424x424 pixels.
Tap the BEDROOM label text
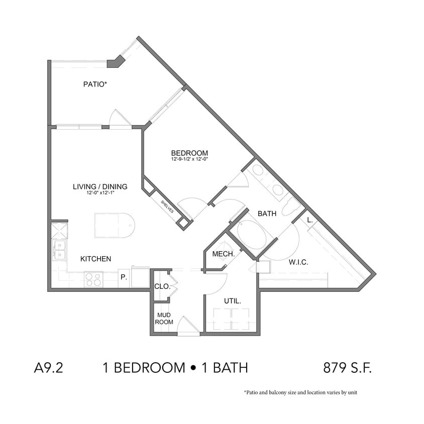pyautogui.click(x=189, y=153)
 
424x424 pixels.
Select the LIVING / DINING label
pyautogui.click(x=100, y=186)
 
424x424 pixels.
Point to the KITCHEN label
pyautogui.click(x=95, y=259)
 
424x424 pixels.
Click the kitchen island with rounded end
pyautogui.click(x=115, y=225)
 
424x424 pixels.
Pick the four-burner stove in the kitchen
pyautogui.click(x=93, y=279)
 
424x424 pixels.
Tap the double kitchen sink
pyautogui.click(x=59, y=250)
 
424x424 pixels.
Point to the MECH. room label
pyautogui.click(x=224, y=254)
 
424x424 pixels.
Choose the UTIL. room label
pyautogui.click(x=233, y=301)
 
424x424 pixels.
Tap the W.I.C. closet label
pyautogui.click(x=298, y=262)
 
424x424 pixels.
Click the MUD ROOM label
pyautogui.click(x=164, y=319)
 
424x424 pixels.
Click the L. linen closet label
pyautogui.click(x=310, y=220)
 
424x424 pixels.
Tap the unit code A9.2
pyautogui.click(x=48, y=368)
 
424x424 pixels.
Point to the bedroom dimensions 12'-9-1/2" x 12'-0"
pyautogui.click(x=189, y=159)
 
